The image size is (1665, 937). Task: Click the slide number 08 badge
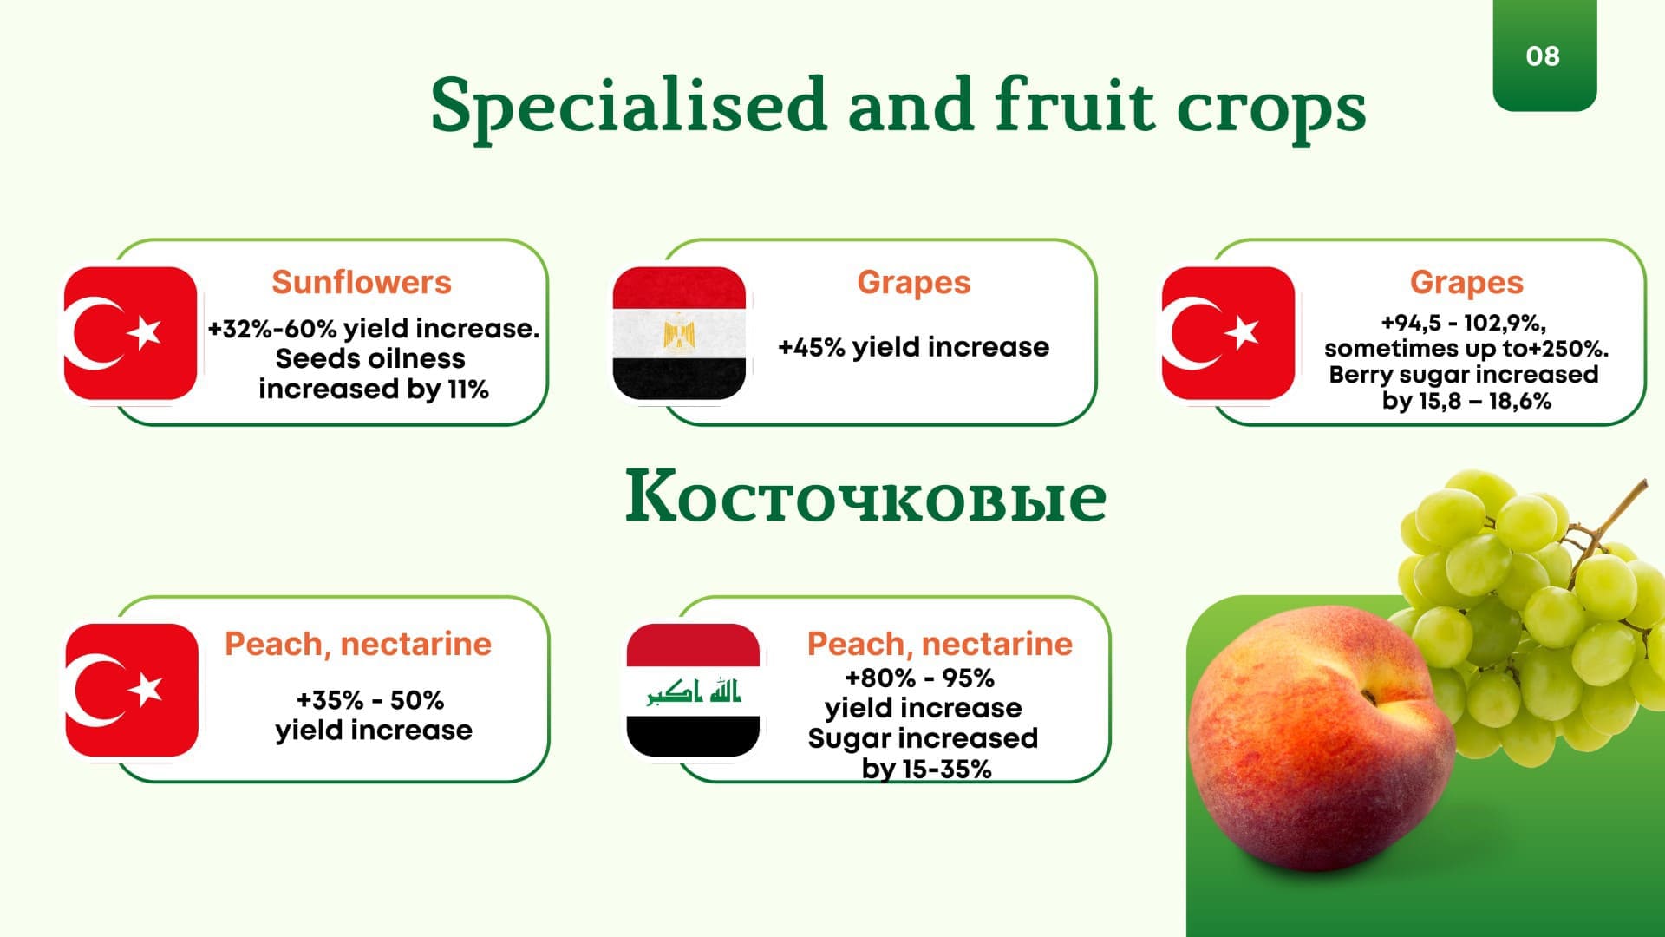1544,55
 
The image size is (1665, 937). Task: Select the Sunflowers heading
362,282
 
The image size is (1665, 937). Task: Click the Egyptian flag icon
679,333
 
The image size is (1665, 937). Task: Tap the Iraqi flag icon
693,690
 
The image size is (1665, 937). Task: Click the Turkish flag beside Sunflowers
130,333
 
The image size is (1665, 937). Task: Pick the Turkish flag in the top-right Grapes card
1228,333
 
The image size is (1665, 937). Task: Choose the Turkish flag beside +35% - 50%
132,690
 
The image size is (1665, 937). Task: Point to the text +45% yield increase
913,347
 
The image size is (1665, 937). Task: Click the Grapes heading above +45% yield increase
914,283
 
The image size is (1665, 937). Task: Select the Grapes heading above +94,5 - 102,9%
1466,283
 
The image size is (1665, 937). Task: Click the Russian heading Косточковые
865,497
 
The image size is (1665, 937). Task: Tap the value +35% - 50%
370,699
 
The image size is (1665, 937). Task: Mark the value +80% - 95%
919,678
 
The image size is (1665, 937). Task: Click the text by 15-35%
926,769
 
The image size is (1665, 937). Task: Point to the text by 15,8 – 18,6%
1466,401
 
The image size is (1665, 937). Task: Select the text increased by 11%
374,389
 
